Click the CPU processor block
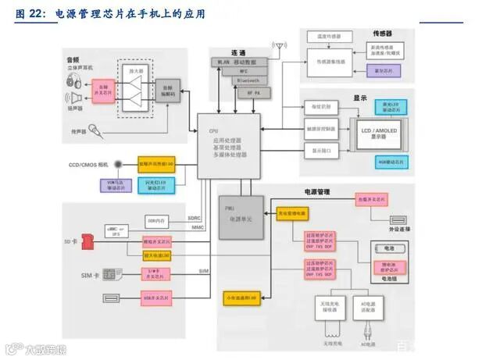point(227,144)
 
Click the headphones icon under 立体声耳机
point(73,81)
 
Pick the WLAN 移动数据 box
point(239,61)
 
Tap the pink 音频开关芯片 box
point(102,87)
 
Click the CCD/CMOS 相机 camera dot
point(117,164)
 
